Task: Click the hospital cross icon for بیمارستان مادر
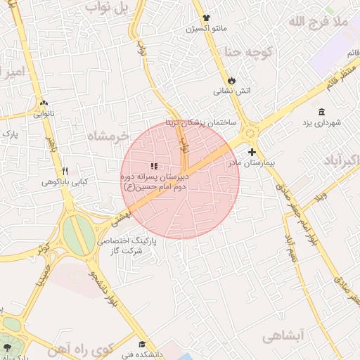252,152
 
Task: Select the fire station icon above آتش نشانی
231,80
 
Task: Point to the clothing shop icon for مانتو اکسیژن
205,18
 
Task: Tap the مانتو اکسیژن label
205,29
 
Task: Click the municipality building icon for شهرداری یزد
322,112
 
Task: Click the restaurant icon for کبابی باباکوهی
65,171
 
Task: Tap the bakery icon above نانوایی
44,103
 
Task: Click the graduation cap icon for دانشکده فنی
143,345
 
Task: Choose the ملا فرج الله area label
318,22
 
